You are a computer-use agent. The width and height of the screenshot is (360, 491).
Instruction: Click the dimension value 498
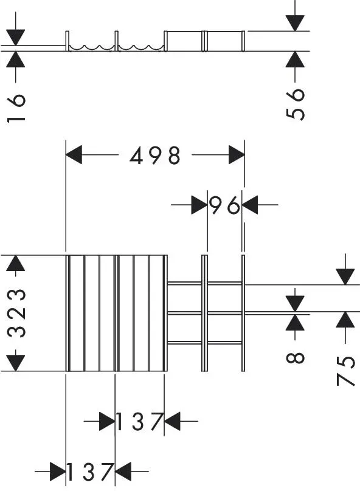pyautogui.click(x=155, y=156)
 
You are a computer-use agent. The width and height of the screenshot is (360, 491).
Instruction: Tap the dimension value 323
pyautogui.click(x=16, y=313)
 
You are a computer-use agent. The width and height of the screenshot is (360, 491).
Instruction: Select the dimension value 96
pyautogui.click(x=224, y=206)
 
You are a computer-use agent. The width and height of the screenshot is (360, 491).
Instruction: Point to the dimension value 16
pyautogui.click(x=16, y=108)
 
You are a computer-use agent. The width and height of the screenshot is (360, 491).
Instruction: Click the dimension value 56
pyautogui.click(x=295, y=105)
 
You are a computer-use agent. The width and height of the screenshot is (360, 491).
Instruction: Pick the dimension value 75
pyautogui.click(x=345, y=371)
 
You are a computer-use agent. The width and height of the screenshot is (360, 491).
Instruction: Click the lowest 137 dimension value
pyautogui.click(x=90, y=472)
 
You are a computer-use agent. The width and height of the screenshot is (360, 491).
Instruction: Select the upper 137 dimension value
pyautogui.click(x=139, y=422)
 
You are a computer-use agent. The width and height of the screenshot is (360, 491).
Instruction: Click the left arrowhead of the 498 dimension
pyautogui.click(x=74, y=155)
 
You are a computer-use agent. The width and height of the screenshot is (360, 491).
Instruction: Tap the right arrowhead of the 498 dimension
pyautogui.click(x=237, y=155)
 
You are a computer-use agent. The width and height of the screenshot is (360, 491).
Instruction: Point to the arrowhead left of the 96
pyautogui.click(x=199, y=205)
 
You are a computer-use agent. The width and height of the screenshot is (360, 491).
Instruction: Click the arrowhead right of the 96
pyautogui.click(x=250, y=205)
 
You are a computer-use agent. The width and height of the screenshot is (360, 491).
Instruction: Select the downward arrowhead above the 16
pyautogui.click(x=16, y=38)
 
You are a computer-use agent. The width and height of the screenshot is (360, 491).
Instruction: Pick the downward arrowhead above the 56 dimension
pyautogui.click(x=295, y=23)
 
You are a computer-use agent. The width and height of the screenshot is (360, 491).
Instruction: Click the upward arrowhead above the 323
pyautogui.click(x=15, y=263)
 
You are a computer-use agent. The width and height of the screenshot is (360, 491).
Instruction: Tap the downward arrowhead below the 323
pyautogui.click(x=15, y=363)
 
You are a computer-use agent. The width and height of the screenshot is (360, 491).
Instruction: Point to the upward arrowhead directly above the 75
pyautogui.click(x=345, y=320)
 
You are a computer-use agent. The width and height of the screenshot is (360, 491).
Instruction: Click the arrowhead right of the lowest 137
pyautogui.click(x=123, y=472)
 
